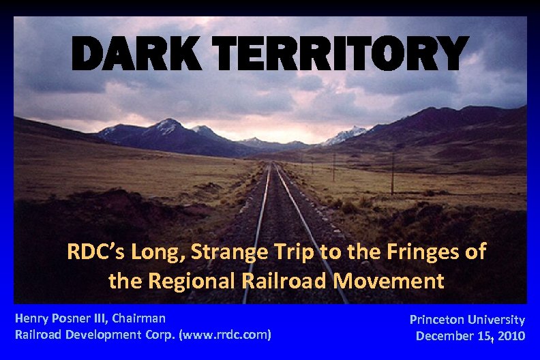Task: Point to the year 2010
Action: (x=511, y=335)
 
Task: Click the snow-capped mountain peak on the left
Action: (x=167, y=125)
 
